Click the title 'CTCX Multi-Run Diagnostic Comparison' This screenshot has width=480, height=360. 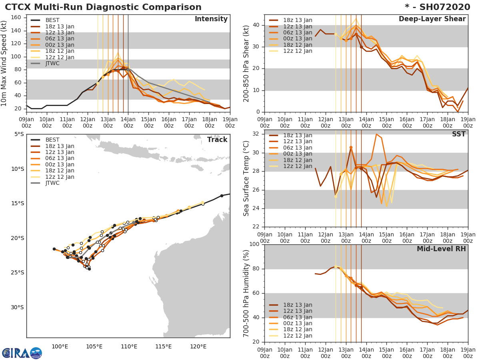[103, 7]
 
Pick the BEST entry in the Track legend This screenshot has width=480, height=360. [52, 140]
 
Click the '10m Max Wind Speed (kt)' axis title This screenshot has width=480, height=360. [4, 64]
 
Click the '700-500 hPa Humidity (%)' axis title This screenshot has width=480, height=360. [246, 293]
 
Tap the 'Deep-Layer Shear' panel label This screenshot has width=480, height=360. [432, 19]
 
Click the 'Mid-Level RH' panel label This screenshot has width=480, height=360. [441, 249]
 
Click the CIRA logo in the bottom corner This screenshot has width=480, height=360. [22, 353]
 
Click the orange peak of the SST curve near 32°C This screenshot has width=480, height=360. [376, 134]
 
